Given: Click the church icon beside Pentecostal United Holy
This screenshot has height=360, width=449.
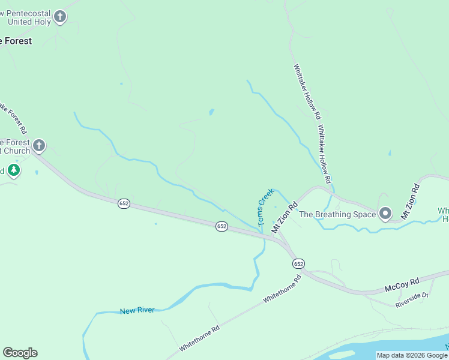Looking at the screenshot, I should click(59, 17).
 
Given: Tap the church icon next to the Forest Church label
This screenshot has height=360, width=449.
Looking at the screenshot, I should click(39, 146).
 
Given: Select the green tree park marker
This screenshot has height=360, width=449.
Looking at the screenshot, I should click(14, 170).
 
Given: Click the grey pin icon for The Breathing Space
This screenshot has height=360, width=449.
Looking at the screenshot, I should click(385, 214).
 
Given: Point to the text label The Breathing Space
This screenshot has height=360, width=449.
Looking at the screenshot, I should click(337, 214).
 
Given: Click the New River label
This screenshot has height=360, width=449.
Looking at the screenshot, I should click(137, 310).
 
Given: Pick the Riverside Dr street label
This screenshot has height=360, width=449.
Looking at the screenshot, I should click(411, 299).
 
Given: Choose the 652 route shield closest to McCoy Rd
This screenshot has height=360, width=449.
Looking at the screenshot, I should click(298, 263).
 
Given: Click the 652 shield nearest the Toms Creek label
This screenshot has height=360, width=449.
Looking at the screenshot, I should click(221, 226).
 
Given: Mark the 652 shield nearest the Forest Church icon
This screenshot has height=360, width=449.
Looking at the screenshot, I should click(124, 203).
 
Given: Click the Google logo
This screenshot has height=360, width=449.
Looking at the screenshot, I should click(20, 353).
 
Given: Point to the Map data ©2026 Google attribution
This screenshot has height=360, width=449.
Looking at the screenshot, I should click(412, 355).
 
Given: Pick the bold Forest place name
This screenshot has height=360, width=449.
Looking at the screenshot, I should click(16, 41).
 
